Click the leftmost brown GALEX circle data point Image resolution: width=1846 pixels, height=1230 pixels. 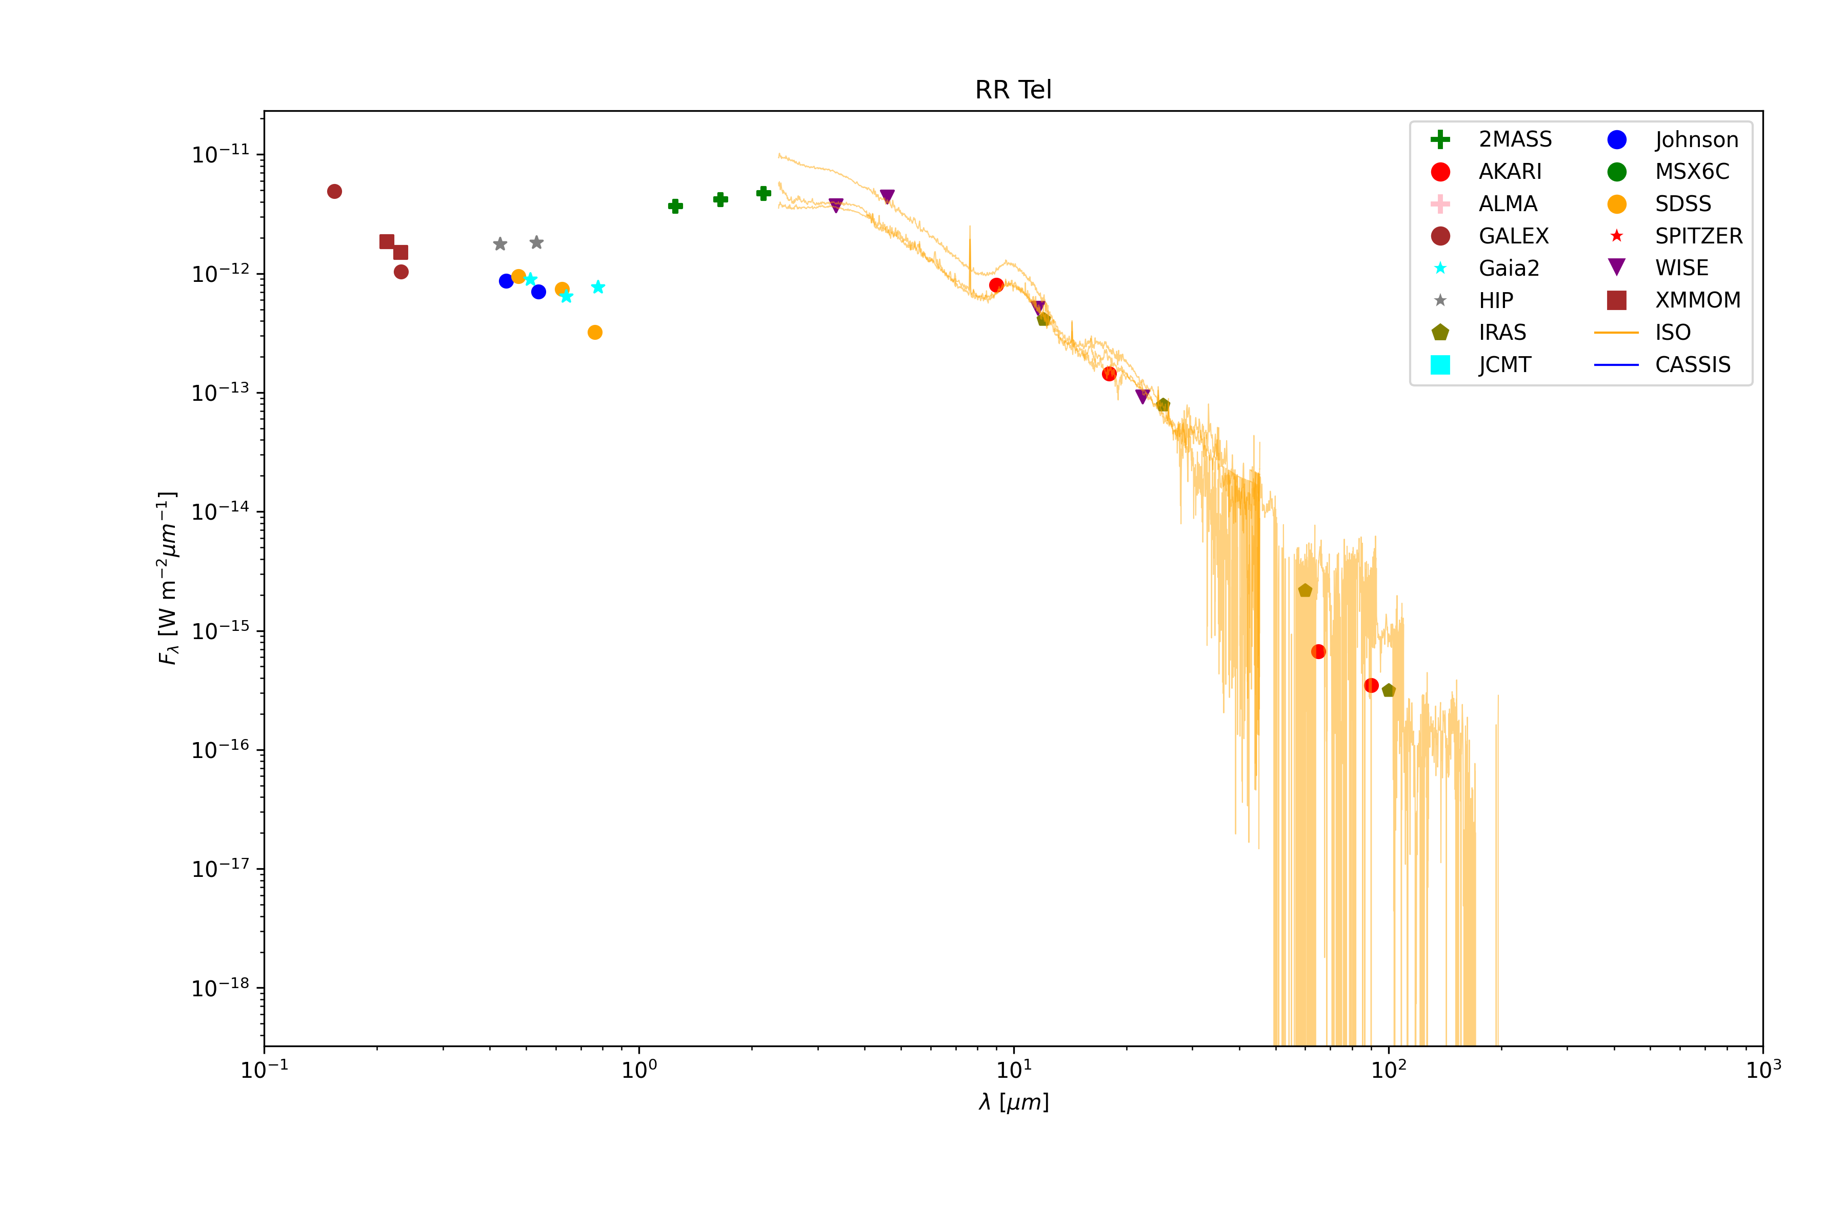pos(334,191)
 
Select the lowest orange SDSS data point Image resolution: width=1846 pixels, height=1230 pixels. pos(595,333)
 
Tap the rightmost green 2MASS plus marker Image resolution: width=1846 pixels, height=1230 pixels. pos(764,193)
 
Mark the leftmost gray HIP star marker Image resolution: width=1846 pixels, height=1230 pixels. pos(500,244)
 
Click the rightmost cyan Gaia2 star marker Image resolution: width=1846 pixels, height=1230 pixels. pos(598,287)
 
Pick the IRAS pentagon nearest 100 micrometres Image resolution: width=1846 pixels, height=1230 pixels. pos(1389,691)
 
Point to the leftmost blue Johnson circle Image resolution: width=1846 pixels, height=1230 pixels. pos(506,281)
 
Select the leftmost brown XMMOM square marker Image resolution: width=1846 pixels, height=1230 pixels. pos(387,241)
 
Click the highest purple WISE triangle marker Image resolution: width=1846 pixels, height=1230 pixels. pos(887,196)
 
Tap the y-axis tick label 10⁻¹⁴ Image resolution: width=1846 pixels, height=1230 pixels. pos(220,512)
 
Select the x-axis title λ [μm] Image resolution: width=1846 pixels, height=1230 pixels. pos(1013,1103)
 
